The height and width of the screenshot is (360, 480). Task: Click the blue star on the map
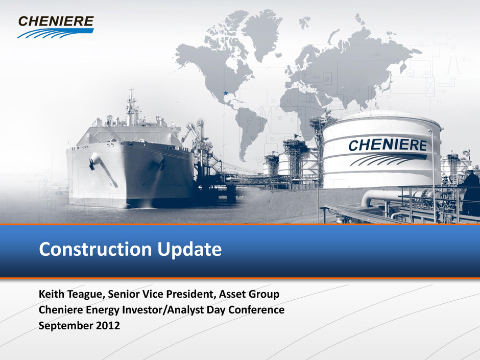pos(226,93)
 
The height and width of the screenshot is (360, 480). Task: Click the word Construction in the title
pos(95,249)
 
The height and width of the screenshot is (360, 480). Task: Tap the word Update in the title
pos(189,250)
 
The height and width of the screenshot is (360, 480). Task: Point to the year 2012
pos(108,325)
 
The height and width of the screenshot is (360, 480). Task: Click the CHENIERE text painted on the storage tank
pos(388,145)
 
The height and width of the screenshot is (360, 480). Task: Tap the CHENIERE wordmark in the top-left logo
pos(56,21)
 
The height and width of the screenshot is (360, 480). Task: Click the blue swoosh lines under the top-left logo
pos(55,33)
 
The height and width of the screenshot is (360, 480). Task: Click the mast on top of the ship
pos(131,107)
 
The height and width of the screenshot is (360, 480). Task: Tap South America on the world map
pos(250,132)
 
